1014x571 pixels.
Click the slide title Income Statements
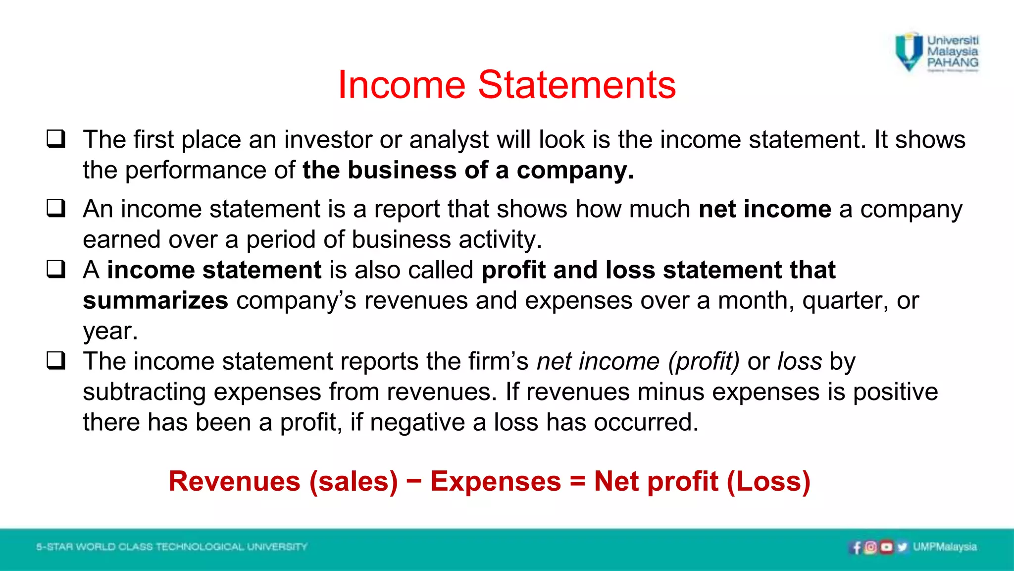507,85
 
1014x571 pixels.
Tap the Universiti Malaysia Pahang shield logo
910,52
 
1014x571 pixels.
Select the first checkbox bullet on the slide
56,139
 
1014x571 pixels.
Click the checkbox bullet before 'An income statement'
56,208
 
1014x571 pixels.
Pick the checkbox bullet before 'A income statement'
56,269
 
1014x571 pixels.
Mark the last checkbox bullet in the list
56,360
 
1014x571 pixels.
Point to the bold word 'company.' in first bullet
575,171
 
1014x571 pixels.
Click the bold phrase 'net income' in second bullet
764,209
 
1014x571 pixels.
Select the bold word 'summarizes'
155,301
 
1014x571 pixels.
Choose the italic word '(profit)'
704,361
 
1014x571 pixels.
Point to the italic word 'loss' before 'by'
800,361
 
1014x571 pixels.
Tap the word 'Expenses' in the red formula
496,481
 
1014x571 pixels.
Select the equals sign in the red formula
577,481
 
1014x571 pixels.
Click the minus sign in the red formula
414,481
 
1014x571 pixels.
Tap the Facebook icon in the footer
856,547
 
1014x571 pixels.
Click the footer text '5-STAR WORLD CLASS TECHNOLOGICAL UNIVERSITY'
172,547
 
